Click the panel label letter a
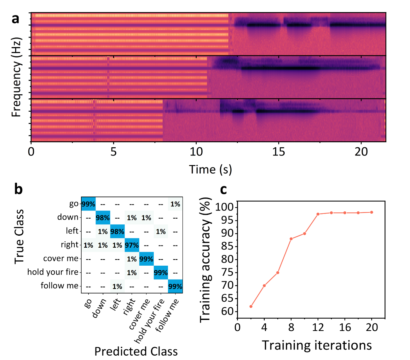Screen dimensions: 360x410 tap(15, 19)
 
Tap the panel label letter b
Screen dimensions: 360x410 tap(19, 189)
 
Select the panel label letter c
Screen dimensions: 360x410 tap(223, 189)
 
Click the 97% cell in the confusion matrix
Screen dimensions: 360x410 tap(132, 245)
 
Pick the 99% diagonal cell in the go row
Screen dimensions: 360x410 tap(88, 204)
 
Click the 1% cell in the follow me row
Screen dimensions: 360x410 tap(117, 286)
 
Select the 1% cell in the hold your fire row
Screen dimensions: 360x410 tap(132, 273)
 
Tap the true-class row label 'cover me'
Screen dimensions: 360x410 tap(61, 258)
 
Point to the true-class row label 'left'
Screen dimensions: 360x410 tap(72, 231)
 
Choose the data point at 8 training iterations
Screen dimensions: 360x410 tap(291, 239)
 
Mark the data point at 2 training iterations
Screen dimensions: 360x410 tap(251, 306)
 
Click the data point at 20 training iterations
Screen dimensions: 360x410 tap(372, 212)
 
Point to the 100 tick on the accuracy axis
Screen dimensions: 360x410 tap(224, 207)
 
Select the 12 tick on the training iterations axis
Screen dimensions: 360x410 tap(318, 328)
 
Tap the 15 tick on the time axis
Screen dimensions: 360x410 tap(279, 152)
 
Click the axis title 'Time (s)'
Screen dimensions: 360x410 tap(210, 170)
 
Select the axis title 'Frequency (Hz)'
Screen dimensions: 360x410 tap(16, 77)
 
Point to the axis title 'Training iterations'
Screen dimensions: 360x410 tap(317, 345)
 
